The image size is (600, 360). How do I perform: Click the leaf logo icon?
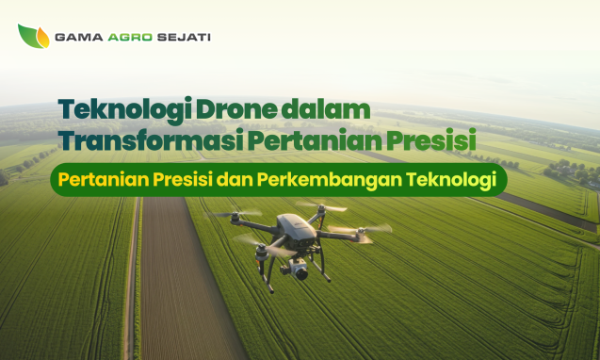point(33,37)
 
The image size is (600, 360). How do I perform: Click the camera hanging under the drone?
point(300,270)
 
